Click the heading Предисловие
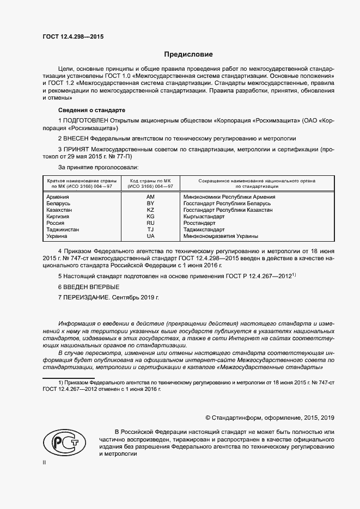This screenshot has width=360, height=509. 189,54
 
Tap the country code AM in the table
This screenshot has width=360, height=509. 151,197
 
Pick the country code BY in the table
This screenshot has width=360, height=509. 151,203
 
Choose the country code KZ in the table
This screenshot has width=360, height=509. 151,210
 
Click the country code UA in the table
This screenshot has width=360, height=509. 151,236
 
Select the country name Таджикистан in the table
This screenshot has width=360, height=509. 63,230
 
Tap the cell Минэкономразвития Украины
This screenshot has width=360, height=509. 221,236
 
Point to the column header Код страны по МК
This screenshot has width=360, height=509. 151,180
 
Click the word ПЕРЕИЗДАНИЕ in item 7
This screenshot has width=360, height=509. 89,298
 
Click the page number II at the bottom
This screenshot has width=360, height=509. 45,463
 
